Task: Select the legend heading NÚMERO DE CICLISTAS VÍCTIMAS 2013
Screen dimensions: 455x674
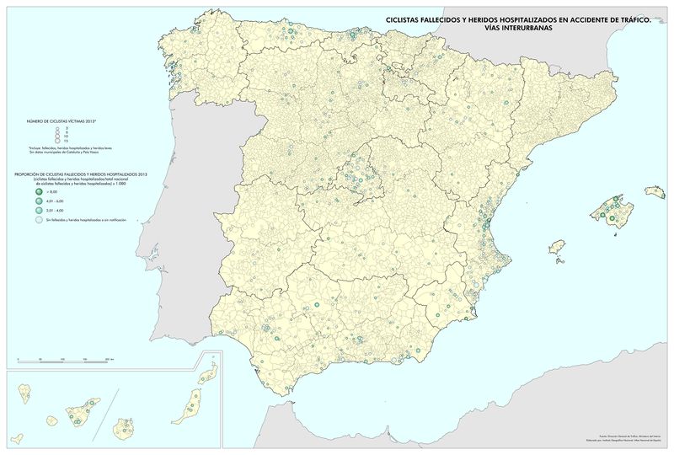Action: point(62,121)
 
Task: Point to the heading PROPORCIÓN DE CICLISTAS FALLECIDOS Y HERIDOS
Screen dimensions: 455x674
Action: point(79,174)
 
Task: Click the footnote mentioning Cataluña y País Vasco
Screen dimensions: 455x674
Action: point(63,153)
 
